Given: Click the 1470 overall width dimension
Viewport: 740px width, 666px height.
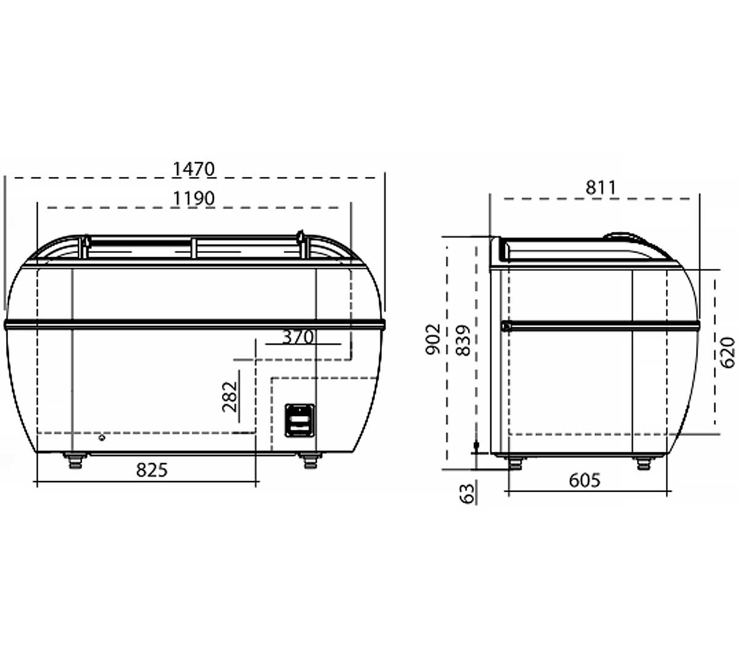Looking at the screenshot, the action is click(x=194, y=169).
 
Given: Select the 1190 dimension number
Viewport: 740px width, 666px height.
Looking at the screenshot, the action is click(x=194, y=198).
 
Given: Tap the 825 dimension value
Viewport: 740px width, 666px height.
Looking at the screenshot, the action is click(x=152, y=470).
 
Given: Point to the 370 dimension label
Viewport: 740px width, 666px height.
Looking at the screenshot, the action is click(x=298, y=337).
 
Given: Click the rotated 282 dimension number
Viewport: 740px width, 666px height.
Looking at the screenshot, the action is click(x=229, y=397).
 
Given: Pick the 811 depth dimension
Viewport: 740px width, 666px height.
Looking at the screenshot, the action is click(x=601, y=187).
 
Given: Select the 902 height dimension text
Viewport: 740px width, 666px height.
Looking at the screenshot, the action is click(x=433, y=339).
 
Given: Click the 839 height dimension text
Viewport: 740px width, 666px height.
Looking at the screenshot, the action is click(x=463, y=340).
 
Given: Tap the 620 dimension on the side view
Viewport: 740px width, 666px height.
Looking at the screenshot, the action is click(x=728, y=352).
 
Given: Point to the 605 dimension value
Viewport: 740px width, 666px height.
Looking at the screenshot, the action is click(x=585, y=480).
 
